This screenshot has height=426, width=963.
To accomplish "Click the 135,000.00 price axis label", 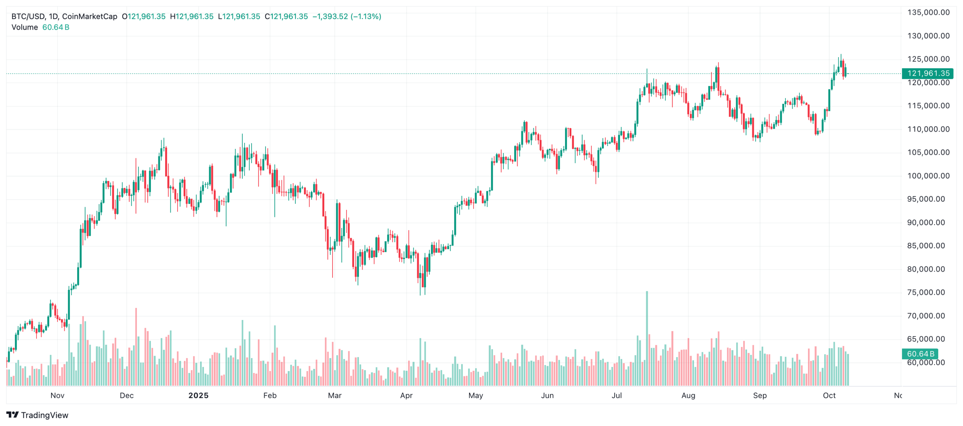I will tap(928, 12).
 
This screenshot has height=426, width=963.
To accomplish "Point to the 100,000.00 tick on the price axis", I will tap(928, 176).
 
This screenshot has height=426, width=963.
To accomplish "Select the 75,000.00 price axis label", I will tap(926, 293).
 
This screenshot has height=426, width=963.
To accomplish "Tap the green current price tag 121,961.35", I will tap(928, 73).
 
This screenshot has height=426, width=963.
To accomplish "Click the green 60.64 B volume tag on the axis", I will tap(920, 354).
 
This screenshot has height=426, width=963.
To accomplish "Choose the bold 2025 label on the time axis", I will tap(198, 396).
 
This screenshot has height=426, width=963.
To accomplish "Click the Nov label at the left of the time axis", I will tap(58, 396).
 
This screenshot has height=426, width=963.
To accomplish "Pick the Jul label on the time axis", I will tap(617, 396).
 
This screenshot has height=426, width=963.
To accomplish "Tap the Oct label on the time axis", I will tap(829, 396).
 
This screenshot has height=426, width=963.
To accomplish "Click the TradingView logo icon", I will tap(12, 415).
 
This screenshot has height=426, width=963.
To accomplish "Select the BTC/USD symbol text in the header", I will tap(28, 17).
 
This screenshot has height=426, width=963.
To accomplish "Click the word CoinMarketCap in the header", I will tap(90, 17).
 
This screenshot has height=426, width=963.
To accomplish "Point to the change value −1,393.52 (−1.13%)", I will tap(347, 17).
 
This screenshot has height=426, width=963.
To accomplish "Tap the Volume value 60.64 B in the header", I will tap(56, 27).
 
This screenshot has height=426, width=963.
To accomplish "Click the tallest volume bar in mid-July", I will tap(647, 338).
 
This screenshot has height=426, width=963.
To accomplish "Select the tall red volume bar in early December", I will tap(136, 346).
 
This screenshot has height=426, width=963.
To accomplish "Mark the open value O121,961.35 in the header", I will tap(144, 17).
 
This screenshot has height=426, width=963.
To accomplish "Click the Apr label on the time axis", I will tap(406, 396).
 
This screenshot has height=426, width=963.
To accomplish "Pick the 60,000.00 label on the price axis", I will tap(926, 363).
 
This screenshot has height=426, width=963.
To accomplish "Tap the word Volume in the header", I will tap(25, 27).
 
